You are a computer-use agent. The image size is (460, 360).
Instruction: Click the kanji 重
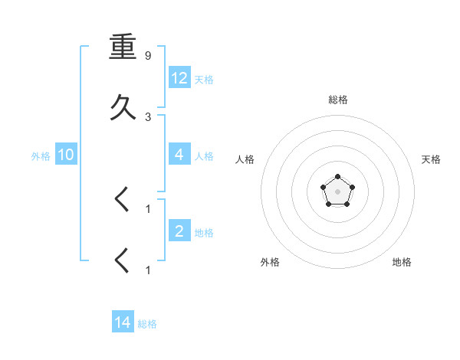coord(123,47)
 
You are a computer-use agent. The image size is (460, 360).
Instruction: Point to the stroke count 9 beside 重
coord(148,56)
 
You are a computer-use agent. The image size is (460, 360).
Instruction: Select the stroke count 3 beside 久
coord(148,116)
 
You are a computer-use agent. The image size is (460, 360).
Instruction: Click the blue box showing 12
coord(179,77)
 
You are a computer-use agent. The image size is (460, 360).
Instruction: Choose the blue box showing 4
coord(179,154)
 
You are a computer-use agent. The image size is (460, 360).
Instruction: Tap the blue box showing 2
coord(179,231)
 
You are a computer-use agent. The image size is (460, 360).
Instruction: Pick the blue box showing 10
coord(66,155)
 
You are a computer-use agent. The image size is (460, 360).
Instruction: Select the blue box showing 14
coord(123,322)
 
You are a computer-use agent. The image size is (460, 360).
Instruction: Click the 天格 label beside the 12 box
coord(204,80)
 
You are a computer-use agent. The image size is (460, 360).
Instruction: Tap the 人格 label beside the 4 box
coord(204,156)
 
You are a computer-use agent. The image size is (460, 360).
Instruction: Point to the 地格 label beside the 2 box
coord(204,233)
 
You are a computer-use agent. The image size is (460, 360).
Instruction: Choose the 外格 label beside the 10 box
coord(41,156)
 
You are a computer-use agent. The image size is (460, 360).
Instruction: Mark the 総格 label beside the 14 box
coord(147,325)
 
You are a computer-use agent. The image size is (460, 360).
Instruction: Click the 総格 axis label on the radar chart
coord(338,100)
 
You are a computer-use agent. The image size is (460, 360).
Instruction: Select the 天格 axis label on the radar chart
coord(431,159)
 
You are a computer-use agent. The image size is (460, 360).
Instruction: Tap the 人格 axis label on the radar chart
coord(245,159)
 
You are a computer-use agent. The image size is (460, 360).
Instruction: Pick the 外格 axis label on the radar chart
coord(270,262)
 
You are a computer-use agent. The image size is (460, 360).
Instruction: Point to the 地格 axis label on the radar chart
coord(402,262)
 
